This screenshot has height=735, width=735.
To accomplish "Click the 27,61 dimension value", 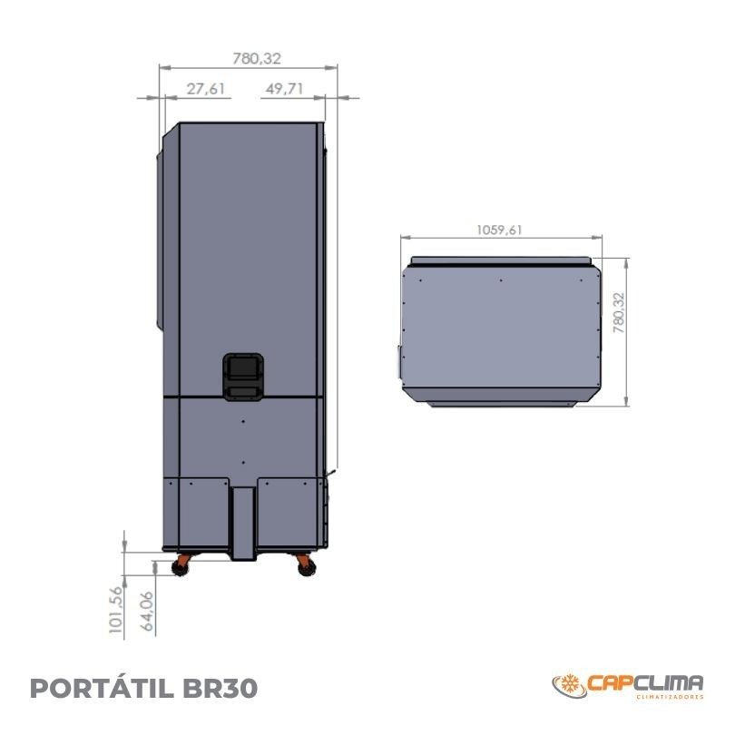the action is tap(206, 89).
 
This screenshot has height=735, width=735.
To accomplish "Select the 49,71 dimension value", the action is tap(284, 89).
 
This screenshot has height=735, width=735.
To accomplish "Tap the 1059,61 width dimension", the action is tap(499, 230).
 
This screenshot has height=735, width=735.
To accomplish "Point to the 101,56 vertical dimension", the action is tap(116, 610).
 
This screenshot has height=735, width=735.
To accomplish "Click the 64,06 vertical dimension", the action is tap(147, 612).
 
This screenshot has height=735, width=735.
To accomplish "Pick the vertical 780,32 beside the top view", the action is tap(619, 313).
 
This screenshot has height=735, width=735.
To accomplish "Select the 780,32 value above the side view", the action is tap(257, 58).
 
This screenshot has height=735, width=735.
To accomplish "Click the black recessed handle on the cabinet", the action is tap(243, 377).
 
